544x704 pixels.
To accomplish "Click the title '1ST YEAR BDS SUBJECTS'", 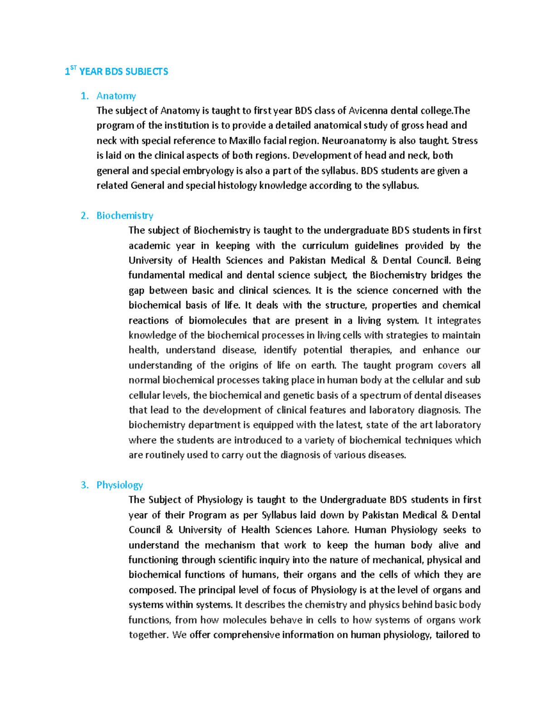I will (117, 71).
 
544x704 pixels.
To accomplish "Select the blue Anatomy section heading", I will (116, 96).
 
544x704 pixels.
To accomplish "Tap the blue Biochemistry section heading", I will (125, 215).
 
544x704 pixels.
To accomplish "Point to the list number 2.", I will (84, 215).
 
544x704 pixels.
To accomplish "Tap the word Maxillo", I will (245, 141).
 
